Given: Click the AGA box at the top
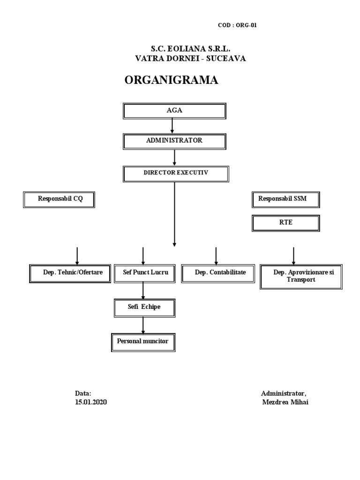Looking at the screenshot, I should (x=174, y=111).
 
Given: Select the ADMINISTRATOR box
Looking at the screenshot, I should (x=174, y=141).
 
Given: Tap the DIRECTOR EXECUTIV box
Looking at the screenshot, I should (x=176, y=173).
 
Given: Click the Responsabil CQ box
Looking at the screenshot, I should (x=59, y=199).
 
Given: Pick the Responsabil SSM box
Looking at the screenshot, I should (x=285, y=199).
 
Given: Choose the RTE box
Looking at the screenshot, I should (x=285, y=223).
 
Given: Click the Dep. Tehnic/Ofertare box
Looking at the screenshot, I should (x=72, y=272).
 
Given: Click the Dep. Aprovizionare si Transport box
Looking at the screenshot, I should (x=301, y=276).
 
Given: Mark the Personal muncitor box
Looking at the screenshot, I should (x=143, y=342).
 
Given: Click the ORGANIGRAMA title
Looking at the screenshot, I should (x=171, y=81).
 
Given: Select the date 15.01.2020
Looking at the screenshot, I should (x=91, y=402).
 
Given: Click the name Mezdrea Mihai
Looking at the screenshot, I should (x=285, y=402).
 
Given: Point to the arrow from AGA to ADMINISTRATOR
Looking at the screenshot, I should (x=172, y=125).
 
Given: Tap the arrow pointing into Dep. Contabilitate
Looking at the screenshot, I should (x=216, y=256).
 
